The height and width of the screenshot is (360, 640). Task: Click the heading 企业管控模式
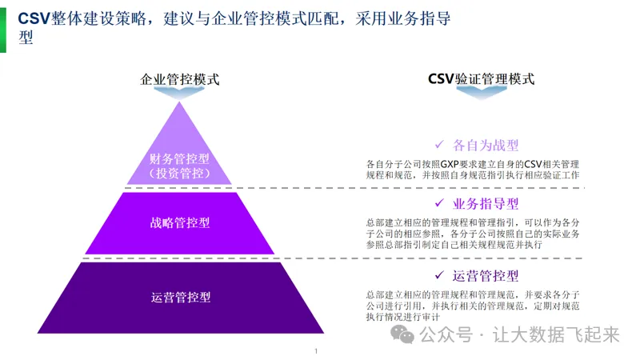click(x=180, y=79)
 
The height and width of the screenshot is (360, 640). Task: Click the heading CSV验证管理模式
click(x=481, y=79)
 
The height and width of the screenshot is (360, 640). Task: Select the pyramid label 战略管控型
click(x=180, y=222)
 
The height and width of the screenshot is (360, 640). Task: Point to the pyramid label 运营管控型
click(x=180, y=297)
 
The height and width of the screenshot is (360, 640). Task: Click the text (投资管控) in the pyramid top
click(x=180, y=173)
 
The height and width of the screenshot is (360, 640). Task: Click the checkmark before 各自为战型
click(x=439, y=145)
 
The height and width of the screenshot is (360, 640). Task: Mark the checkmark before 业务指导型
click(x=439, y=204)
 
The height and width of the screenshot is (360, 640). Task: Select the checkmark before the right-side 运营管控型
click(x=439, y=277)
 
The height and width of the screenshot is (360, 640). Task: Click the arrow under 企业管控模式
click(x=180, y=94)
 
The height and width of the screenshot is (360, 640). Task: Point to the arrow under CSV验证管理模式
click(x=481, y=94)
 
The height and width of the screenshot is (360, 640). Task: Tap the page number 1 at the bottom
click(x=316, y=351)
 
